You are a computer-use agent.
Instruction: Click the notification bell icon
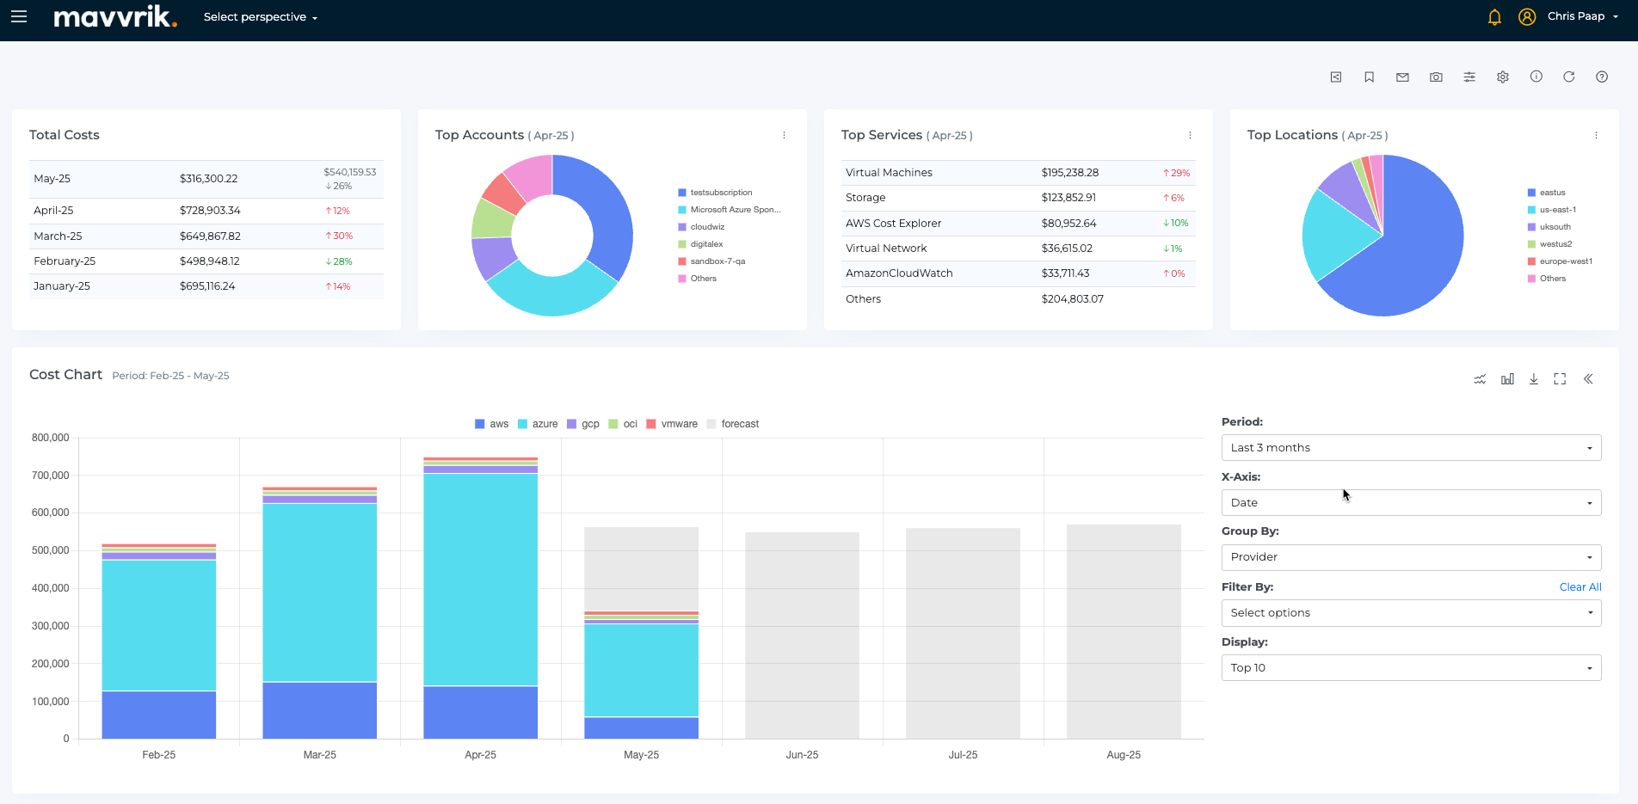pos(1494,17)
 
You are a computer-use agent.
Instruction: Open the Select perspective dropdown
pos(260,17)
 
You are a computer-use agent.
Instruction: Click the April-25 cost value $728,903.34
pos(210,211)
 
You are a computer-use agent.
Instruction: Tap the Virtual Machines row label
pos(889,173)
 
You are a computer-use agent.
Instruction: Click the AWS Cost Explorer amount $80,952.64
pos(1068,224)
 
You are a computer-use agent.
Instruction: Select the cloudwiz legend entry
pos(707,227)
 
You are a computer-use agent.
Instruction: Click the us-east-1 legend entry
pos(1557,210)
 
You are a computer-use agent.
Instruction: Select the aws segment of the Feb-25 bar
pos(158,715)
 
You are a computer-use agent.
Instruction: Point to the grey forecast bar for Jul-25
pos(963,633)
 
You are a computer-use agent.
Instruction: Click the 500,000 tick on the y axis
pos(51,550)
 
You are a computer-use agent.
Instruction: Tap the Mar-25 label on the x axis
pos(319,755)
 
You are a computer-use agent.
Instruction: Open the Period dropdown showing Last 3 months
pos(1411,448)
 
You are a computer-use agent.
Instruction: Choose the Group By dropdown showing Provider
pos(1411,557)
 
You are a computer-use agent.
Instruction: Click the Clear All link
pos(1580,587)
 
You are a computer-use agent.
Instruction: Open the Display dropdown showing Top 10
pos(1411,668)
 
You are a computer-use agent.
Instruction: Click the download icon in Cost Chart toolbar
pos(1533,379)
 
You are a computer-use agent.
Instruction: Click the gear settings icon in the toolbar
pos(1503,77)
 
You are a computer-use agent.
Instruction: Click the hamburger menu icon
pos(19,16)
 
